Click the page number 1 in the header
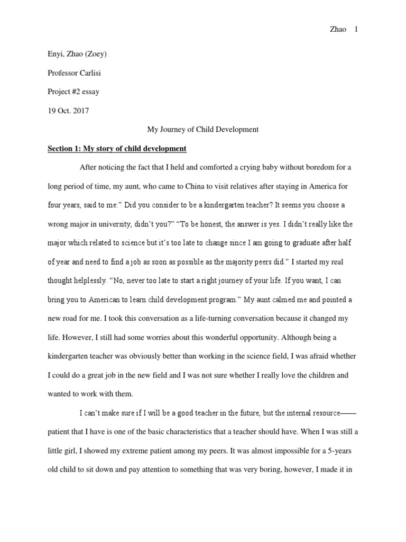click(x=356, y=29)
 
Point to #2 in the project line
click(x=75, y=92)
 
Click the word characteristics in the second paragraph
click(x=205, y=432)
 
